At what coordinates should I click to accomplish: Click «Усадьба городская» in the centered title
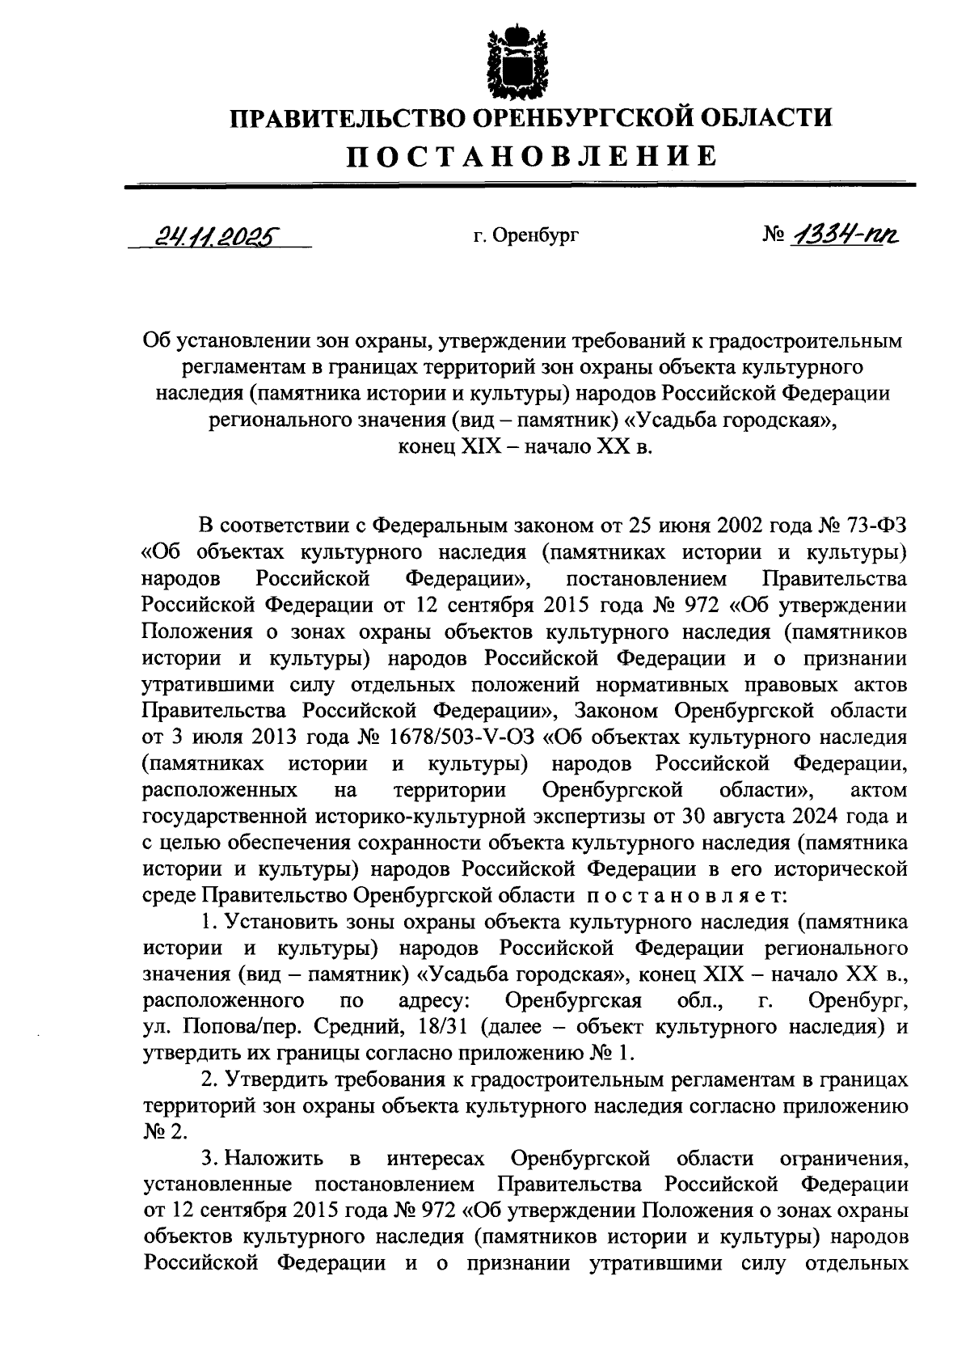coord(730,420)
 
